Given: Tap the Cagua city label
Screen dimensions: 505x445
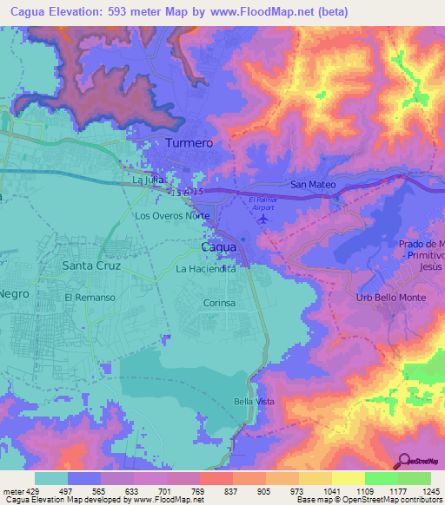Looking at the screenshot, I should (218, 247).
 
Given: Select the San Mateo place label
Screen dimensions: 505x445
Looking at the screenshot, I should (312, 185).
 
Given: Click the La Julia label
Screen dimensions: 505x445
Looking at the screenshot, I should (148, 180).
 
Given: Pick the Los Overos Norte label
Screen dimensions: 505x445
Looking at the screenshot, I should (172, 214).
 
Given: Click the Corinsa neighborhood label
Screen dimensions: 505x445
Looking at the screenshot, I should (219, 305).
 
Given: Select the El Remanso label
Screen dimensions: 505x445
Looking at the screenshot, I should (90, 297).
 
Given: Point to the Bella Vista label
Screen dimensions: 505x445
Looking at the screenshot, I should (254, 401).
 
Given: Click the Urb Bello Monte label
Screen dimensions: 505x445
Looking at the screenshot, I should (392, 298).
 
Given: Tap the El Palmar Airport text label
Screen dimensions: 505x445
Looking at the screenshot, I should (262, 204).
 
